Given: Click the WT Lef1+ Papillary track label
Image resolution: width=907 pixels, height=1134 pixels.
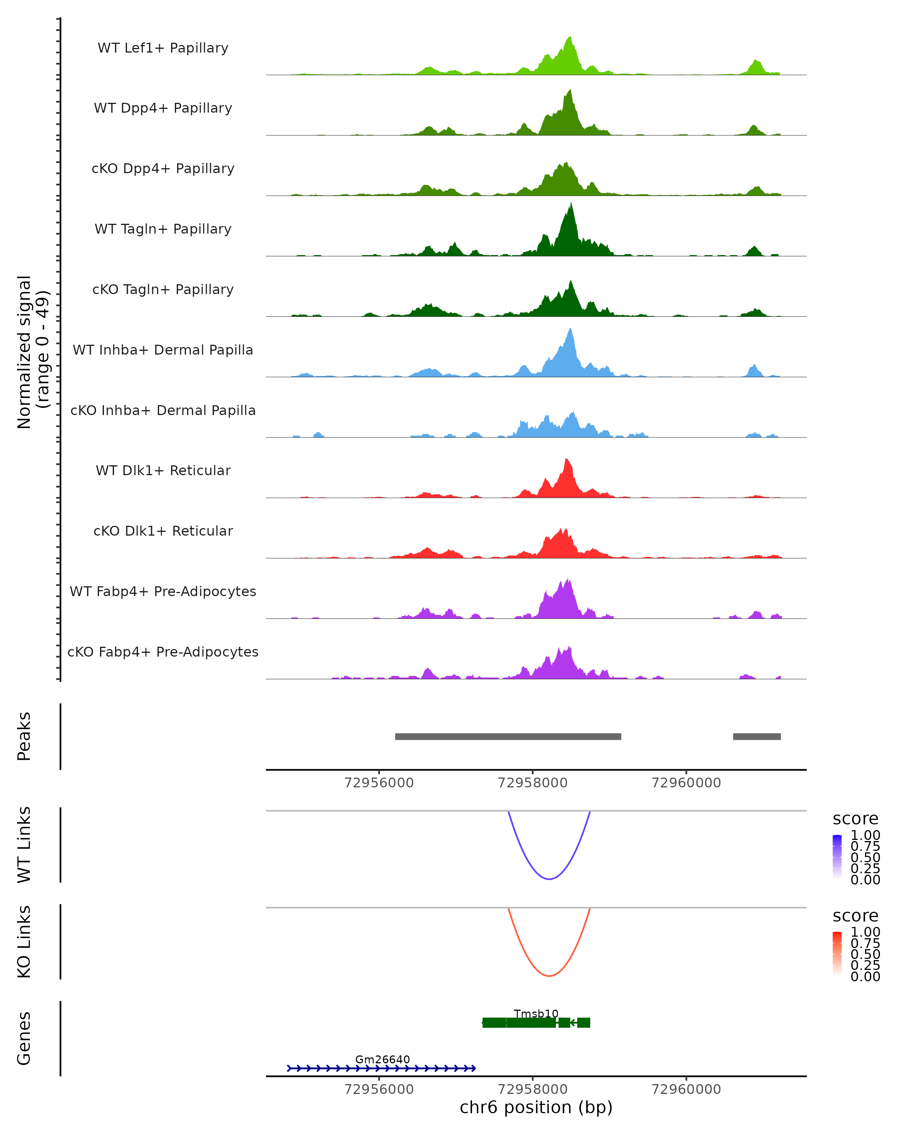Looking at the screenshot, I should pyautogui.click(x=163, y=48).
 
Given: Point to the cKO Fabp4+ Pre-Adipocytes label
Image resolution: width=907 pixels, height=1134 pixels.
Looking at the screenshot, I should pyautogui.click(x=163, y=652).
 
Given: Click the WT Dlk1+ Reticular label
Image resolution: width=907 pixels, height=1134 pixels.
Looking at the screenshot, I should pyautogui.click(x=163, y=470).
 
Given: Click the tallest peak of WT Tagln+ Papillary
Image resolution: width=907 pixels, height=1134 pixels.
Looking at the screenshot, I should pyautogui.click(x=571, y=204).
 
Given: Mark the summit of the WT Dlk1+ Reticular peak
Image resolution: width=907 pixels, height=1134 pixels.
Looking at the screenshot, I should pyautogui.click(x=566, y=460).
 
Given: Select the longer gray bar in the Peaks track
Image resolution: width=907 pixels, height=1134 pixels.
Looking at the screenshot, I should pyautogui.click(x=508, y=736).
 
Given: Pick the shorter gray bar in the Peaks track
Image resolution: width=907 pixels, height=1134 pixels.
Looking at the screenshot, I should pyautogui.click(x=757, y=736).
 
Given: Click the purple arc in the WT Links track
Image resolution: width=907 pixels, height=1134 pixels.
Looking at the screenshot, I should pyautogui.click(x=549, y=879).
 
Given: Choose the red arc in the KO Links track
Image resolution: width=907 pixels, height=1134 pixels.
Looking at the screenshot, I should pyautogui.click(x=549, y=976).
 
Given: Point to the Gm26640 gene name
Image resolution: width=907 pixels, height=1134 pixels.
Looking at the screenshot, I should pyautogui.click(x=382, y=1059).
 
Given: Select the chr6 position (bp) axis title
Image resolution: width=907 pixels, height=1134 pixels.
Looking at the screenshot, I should pyautogui.click(x=536, y=1108).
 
